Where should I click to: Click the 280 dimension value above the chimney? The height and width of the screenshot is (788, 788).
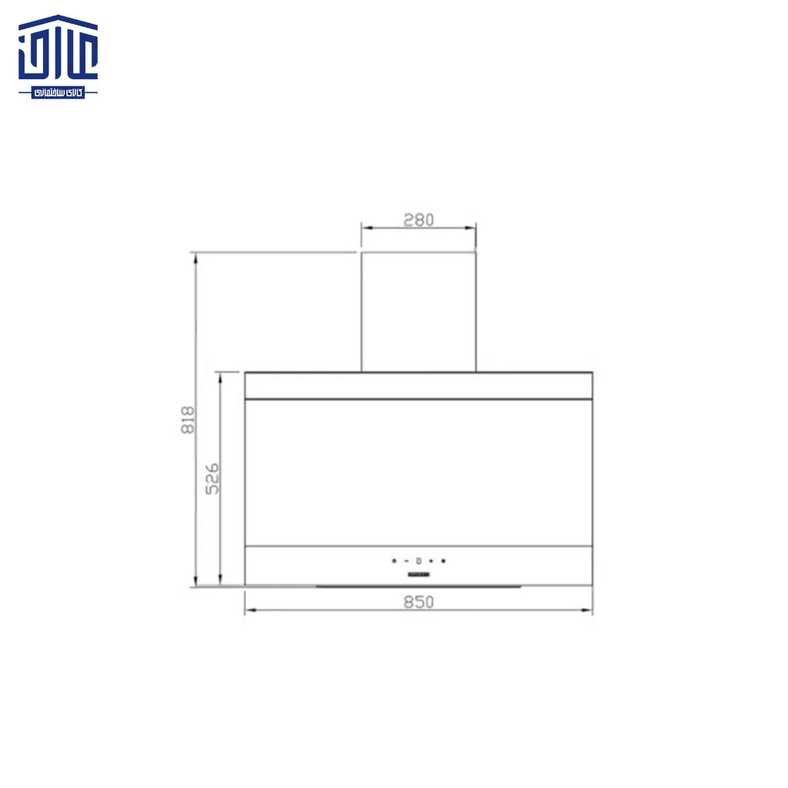[419, 220]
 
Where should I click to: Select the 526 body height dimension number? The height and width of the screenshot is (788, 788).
[212, 477]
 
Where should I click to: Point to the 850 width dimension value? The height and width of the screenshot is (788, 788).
[419, 602]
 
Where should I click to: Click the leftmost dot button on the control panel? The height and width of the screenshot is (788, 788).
[393, 561]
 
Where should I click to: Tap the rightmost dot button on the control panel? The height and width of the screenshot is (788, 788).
[443, 561]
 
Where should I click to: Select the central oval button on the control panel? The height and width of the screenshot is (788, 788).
[419, 561]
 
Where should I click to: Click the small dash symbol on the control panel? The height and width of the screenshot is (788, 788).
[406, 561]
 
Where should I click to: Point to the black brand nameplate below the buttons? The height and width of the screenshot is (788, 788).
[419, 574]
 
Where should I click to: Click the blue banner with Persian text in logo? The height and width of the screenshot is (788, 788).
[58, 92]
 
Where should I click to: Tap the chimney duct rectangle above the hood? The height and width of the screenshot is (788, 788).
[419, 312]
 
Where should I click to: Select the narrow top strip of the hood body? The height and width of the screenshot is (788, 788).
[419, 386]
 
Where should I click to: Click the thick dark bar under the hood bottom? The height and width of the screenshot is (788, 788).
[419, 587]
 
